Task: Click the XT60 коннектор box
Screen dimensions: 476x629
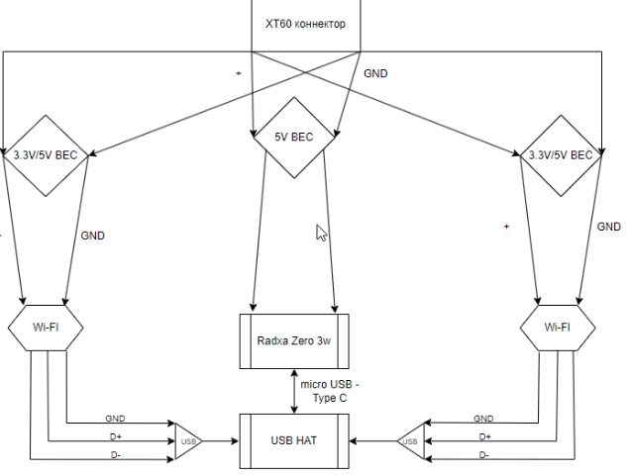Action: (x=305, y=25)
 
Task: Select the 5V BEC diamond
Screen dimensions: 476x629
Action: (x=293, y=138)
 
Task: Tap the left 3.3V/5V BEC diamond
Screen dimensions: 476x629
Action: (x=46, y=155)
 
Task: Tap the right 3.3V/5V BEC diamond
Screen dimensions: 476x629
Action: (x=561, y=155)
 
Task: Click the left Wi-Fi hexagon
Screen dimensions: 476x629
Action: (x=46, y=328)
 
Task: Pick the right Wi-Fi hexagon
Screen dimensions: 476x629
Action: (x=557, y=328)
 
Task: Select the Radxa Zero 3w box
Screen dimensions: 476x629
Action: (x=295, y=341)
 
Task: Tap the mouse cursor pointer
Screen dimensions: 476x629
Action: (x=320, y=233)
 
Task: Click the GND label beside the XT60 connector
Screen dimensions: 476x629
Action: (x=376, y=73)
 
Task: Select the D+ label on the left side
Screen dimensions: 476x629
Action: (x=114, y=436)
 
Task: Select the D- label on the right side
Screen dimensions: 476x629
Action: (x=483, y=454)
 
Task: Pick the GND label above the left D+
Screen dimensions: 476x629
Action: (x=115, y=419)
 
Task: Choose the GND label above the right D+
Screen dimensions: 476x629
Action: (x=483, y=419)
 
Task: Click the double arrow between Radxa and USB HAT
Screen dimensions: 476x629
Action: (x=293, y=392)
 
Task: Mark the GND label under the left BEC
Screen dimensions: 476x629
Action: (x=91, y=236)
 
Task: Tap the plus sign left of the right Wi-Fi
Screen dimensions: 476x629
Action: (x=506, y=227)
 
